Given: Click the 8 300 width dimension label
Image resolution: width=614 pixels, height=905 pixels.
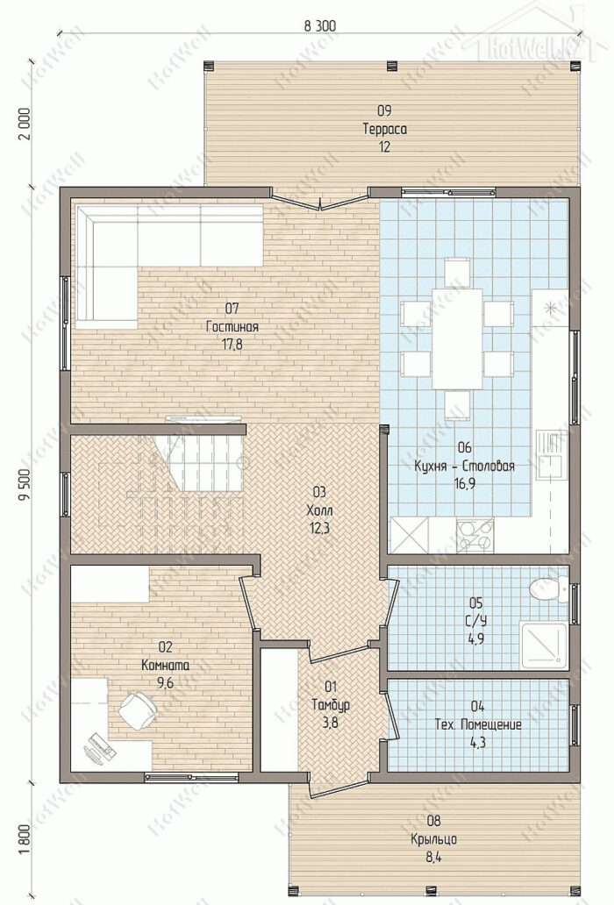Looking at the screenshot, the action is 318,25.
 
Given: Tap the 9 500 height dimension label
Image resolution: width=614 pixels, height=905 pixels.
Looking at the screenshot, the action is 25,489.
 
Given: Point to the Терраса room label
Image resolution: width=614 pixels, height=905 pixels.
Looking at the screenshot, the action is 384,129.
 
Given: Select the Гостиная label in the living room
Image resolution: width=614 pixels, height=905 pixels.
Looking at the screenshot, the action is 232,327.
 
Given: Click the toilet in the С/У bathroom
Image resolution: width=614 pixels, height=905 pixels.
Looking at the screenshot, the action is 549,588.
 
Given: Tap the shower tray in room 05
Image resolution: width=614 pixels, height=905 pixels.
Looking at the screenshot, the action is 544,645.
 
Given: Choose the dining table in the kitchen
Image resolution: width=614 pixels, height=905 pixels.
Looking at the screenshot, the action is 457,338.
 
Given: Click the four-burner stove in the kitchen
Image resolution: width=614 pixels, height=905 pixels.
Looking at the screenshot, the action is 475,534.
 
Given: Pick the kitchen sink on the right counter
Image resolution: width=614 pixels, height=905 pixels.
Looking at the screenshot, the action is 551,454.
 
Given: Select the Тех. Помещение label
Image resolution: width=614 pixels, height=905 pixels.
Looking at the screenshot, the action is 478,724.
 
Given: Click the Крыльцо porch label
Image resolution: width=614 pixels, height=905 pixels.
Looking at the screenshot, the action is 433,838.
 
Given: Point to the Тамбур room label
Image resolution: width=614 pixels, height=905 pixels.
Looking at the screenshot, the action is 330,705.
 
